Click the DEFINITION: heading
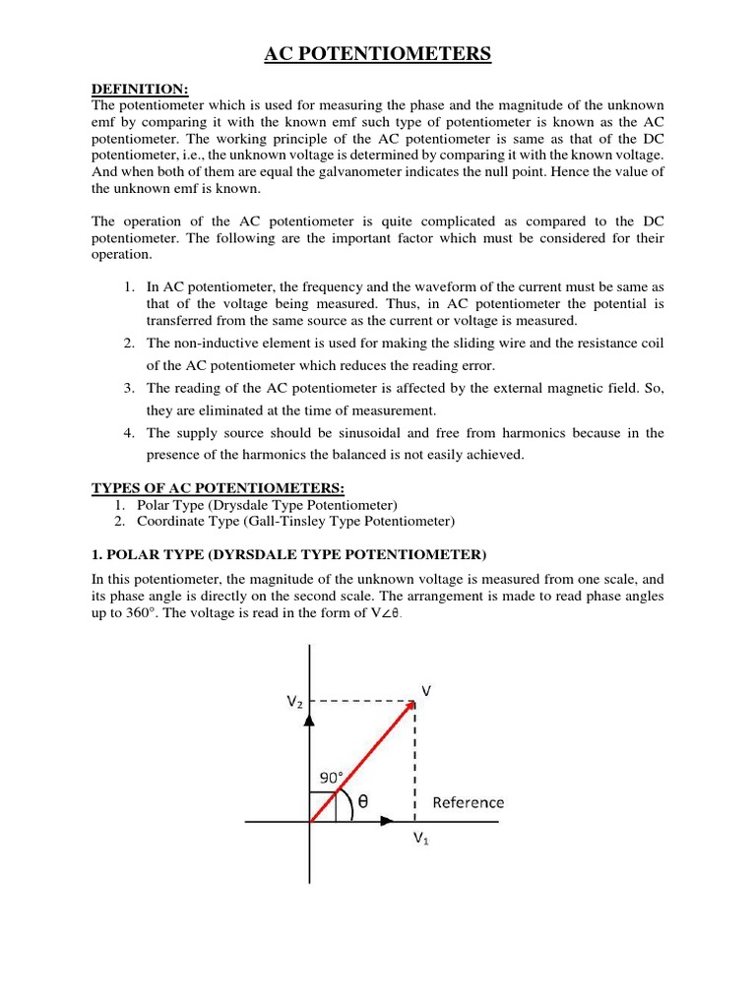click(x=139, y=90)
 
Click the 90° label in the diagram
click(x=328, y=778)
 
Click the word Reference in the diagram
click(x=468, y=802)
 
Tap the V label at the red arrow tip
click(x=426, y=690)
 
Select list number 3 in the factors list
click(x=129, y=388)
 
